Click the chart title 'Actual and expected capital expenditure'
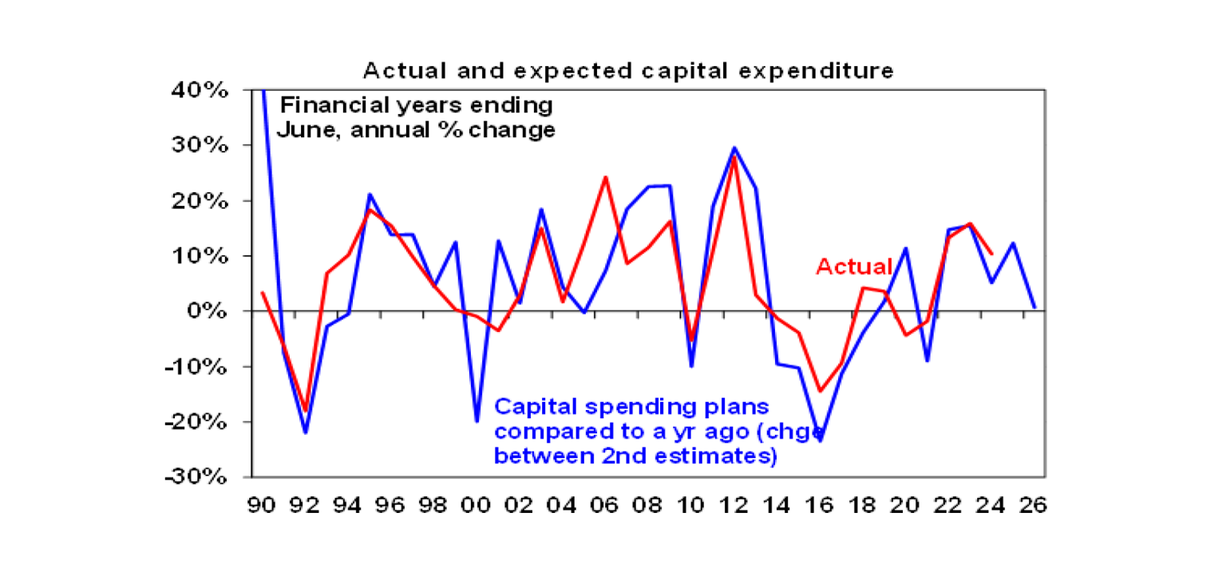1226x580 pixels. pos(629,71)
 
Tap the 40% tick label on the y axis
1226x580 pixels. pos(204,90)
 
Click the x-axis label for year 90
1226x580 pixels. pos(263,505)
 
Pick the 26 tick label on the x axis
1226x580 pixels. pos(1034,505)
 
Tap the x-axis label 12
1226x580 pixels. pos(734,505)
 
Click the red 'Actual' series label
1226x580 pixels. pos(854,266)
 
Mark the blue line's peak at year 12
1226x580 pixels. pos(734,148)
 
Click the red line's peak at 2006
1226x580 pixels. pos(605,177)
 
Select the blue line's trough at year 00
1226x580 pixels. pos(477,420)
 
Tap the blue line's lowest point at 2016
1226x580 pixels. pos(820,440)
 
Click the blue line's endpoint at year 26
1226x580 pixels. pos(1034,307)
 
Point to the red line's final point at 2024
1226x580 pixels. pos(991,254)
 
